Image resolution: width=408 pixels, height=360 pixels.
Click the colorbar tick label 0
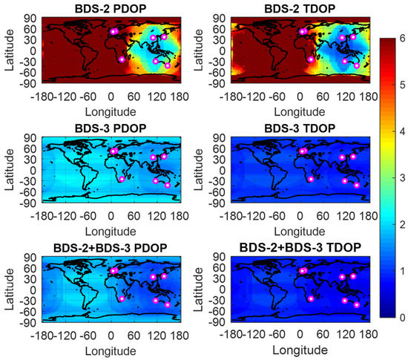click(x=402, y=317)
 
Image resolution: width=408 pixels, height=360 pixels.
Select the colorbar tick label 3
click(x=402, y=177)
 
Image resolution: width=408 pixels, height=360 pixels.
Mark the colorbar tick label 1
click(x=402, y=270)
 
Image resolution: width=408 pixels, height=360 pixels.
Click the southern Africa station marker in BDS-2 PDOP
click(x=122, y=59)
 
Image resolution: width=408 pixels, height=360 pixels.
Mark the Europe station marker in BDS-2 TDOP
click(x=302, y=32)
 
